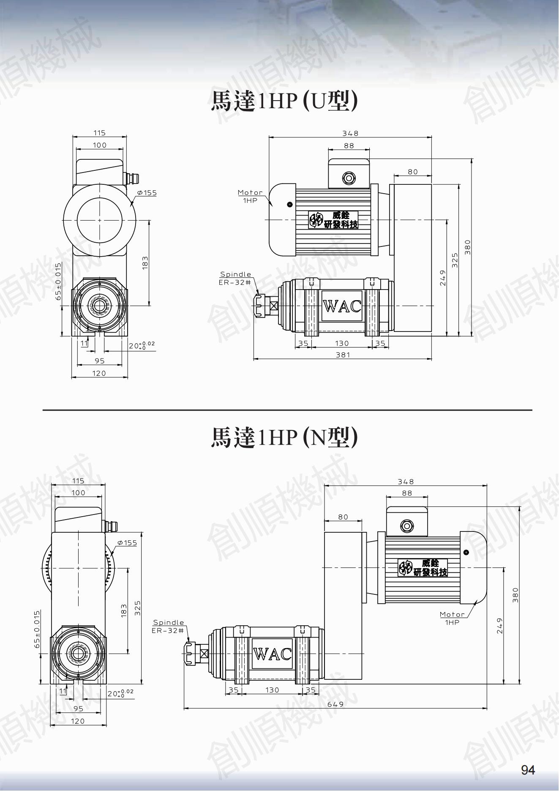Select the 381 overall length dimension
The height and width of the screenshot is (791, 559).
click(343, 355)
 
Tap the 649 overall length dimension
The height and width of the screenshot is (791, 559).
click(335, 704)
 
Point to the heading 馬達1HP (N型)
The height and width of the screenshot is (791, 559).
click(284, 437)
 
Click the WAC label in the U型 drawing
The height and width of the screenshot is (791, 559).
click(342, 306)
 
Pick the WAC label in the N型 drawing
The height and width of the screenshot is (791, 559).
click(273, 654)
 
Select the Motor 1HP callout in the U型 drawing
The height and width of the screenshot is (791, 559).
click(250, 196)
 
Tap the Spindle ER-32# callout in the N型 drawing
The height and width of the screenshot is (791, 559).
click(169, 626)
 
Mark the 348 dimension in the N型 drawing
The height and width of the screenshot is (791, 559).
click(406, 482)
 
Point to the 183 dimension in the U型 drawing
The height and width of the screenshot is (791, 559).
click(145, 263)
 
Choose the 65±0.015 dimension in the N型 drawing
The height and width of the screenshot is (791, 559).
click(37, 629)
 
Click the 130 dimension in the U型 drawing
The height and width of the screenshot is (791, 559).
click(342, 343)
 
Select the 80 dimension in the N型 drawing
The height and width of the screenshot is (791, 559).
click(343, 517)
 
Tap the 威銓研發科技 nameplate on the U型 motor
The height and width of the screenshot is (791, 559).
click(333, 220)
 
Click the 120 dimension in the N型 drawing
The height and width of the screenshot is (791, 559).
click(78, 721)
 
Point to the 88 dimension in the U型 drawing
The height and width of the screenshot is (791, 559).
click(349, 146)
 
